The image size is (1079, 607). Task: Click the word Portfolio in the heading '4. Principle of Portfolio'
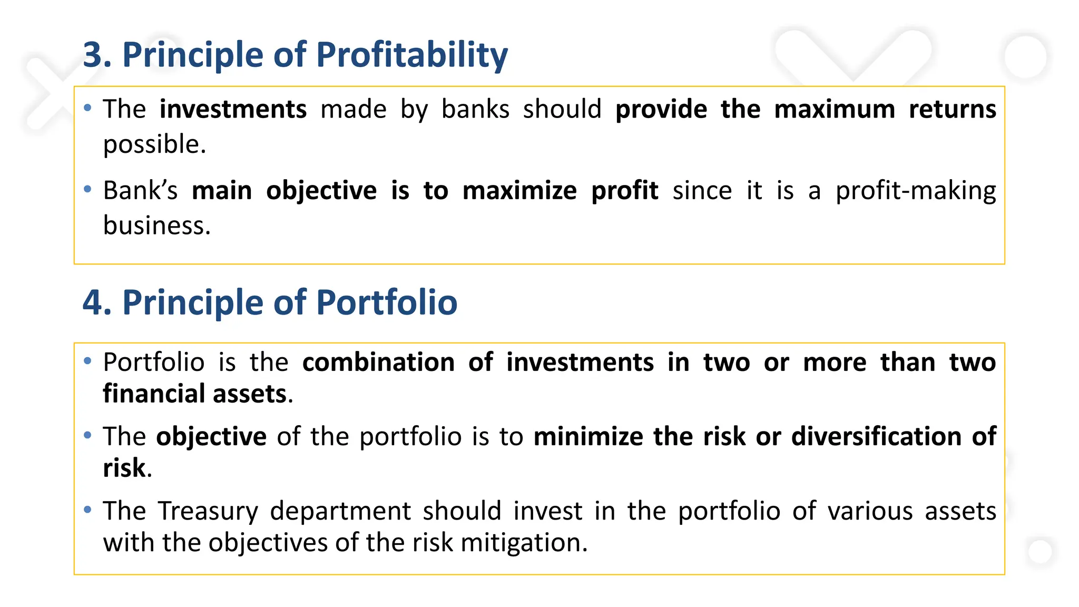(x=387, y=303)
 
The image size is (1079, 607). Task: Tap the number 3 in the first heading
(x=93, y=55)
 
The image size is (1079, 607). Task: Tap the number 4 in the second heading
(x=93, y=303)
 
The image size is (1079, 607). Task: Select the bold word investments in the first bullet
(x=233, y=110)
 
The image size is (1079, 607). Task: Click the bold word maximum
(x=835, y=110)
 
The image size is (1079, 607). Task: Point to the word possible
(x=154, y=144)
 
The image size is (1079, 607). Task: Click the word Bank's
(x=140, y=190)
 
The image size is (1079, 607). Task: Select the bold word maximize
(x=519, y=190)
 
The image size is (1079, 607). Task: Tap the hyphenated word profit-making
(x=916, y=190)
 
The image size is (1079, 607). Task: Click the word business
(x=156, y=226)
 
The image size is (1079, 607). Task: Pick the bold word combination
(x=378, y=363)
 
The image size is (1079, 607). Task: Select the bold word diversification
(x=876, y=436)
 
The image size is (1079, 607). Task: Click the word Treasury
(x=208, y=511)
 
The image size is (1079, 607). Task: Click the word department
(x=340, y=511)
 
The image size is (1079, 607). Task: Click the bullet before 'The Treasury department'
(x=88, y=510)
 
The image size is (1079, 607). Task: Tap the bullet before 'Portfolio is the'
(x=88, y=361)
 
